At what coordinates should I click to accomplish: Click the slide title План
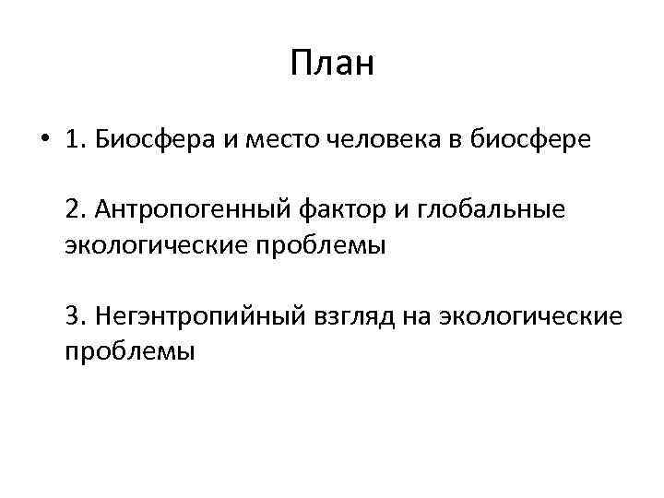tap(331, 65)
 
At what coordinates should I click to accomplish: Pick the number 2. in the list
tap(77, 211)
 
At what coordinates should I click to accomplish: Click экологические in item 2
tap(154, 246)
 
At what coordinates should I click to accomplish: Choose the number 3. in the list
tap(77, 316)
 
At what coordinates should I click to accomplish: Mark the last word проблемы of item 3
tap(130, 351)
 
